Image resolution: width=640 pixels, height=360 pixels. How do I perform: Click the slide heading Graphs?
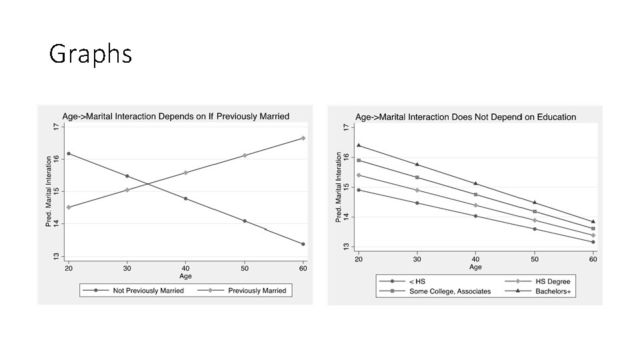point(91,54)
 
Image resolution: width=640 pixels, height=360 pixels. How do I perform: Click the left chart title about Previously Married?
point(176,116)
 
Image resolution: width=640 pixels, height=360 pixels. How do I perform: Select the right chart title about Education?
point(465,117)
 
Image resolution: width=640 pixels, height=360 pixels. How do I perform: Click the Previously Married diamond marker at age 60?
point(303,138)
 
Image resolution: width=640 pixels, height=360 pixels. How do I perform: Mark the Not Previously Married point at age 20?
point(69,154)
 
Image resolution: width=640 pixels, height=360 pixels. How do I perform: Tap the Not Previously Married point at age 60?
point(303,244)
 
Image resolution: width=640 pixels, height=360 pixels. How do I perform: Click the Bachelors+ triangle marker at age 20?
point(359,145)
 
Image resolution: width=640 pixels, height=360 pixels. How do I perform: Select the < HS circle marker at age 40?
point(475,216)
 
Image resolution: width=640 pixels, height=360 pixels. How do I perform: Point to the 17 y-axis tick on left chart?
point(55,126)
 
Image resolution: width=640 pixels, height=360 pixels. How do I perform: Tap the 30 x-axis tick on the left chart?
point(127,268)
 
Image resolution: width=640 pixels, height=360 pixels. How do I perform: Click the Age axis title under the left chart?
point(185,276)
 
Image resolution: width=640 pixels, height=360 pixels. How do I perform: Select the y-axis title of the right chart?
point(339,185)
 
